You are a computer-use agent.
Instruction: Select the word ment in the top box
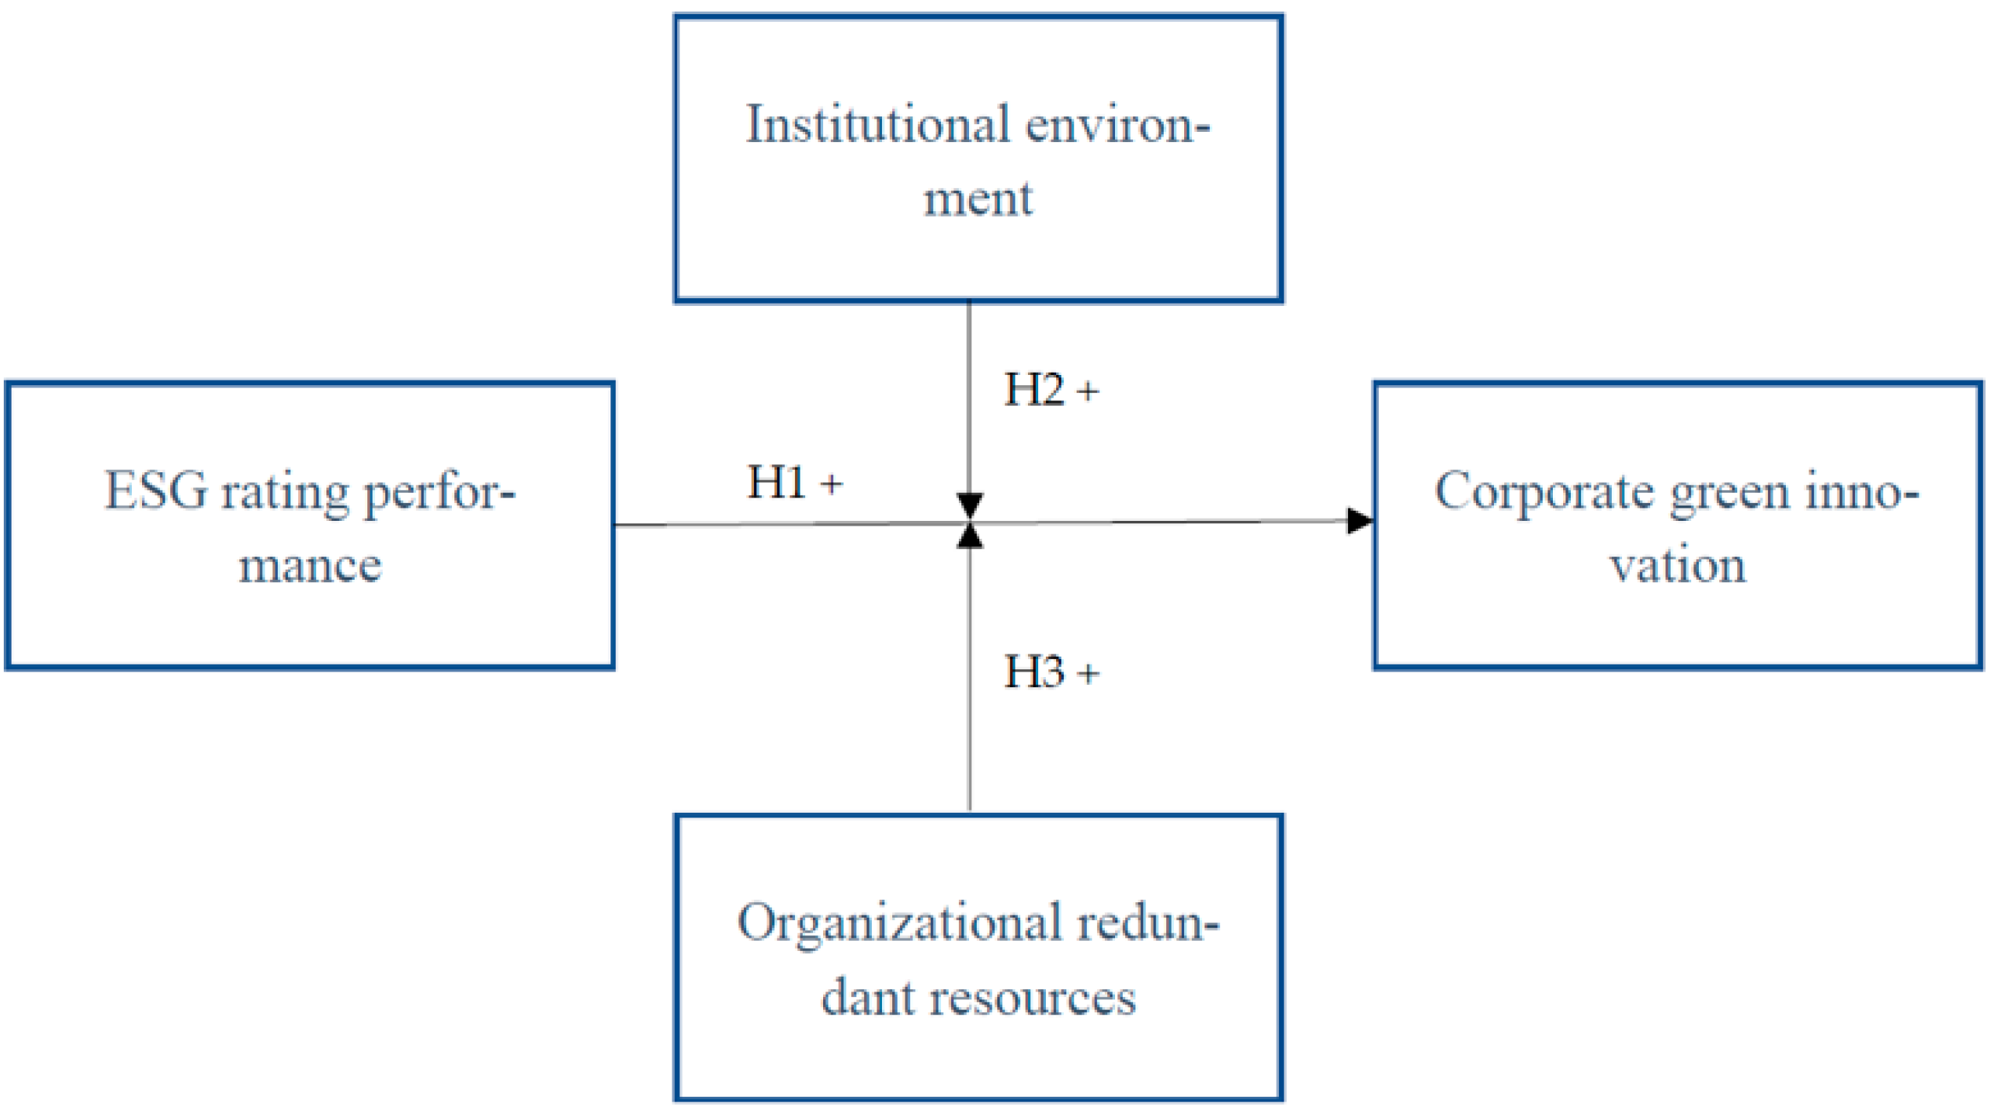coord(978,198)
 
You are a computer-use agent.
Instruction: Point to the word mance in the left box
coord(310,566)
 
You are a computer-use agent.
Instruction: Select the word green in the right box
coord(1729,494)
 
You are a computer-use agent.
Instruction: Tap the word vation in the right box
coord(1678,566)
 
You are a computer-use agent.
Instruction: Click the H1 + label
coord(794,482)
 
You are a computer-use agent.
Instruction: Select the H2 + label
coord(1051,390)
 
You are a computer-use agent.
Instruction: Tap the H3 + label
coord(1051,672)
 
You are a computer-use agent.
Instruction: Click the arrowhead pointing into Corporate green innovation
coord(1360,521)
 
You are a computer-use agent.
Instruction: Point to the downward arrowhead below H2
coord(971,504)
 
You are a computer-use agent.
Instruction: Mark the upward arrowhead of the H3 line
coord(971,537)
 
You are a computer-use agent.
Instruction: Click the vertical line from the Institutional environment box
coord(970,392)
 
